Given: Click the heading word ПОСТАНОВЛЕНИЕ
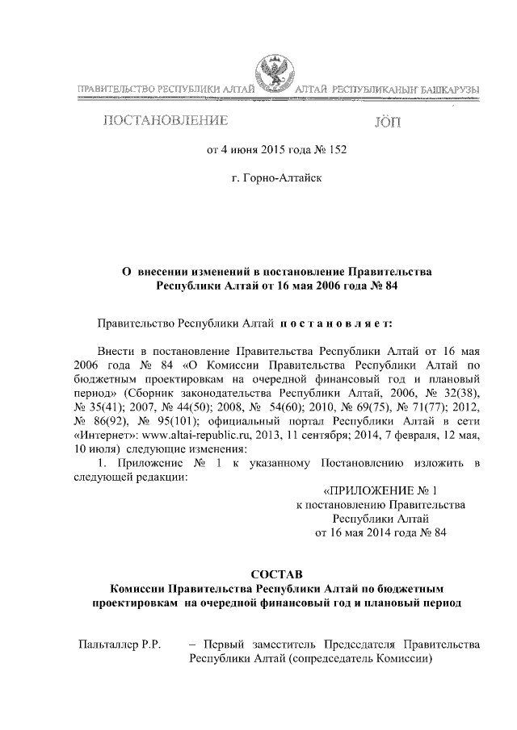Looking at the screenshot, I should coord(162,122).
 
